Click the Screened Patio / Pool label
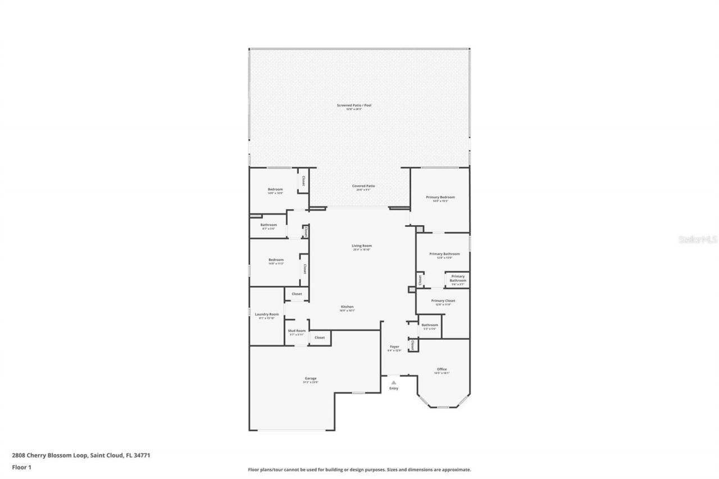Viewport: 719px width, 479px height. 354,105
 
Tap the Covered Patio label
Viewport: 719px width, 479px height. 363,186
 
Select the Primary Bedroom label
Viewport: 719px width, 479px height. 440,197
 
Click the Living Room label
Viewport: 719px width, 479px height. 362,245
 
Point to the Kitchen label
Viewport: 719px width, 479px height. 347,307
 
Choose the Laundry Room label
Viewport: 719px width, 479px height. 267,314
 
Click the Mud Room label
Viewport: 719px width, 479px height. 297,331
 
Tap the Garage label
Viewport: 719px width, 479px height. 311,378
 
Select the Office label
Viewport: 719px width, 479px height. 442,369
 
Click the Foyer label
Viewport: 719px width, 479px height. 394,347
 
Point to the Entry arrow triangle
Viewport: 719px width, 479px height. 394,382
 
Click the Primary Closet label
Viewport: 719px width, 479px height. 443,301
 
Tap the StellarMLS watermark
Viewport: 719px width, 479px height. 698,239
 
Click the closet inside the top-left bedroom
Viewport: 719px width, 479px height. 303,181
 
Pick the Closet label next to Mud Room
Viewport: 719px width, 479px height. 320,337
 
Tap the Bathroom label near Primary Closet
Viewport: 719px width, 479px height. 430,325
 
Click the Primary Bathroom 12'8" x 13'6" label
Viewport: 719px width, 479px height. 444,254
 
